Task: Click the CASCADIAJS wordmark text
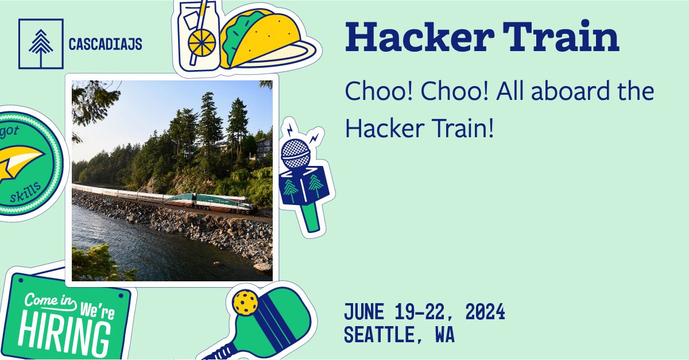point(105,44)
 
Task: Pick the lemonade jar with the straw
point(198,34)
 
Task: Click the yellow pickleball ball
point(246,302)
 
